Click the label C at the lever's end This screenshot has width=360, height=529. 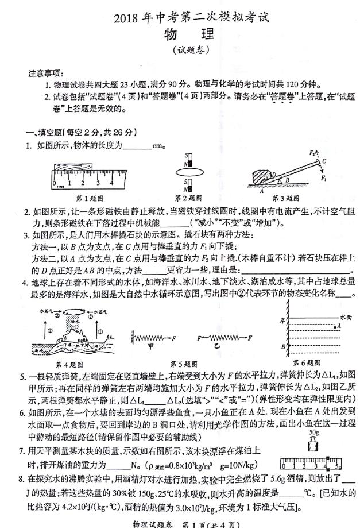tap(325, 161)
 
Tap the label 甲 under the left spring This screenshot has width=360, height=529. tap(151, 346)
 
